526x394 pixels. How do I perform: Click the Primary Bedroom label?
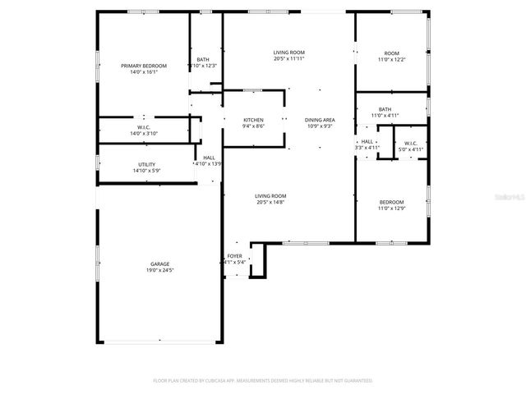(144, 66)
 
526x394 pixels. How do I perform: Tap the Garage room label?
(160, 263)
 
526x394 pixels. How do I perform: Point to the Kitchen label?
(253, 119)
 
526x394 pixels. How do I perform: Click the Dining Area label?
(319, 119)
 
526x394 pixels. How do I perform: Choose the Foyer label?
(235, 257)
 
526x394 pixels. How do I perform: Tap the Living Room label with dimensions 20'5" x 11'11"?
(288, 53)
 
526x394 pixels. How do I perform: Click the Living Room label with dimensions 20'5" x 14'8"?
(270, 195)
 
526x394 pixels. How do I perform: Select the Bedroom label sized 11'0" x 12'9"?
(391, 202)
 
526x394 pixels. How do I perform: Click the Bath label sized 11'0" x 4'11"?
(385, 109)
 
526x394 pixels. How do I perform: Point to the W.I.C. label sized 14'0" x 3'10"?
(144, 127)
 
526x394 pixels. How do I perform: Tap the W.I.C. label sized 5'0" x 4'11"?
(411, 143)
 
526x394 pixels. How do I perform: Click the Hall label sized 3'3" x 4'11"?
(367, 141)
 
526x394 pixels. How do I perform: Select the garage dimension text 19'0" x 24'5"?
(160, 270)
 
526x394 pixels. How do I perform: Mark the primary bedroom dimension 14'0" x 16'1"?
(144, 72)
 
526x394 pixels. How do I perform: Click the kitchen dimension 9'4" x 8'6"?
(253, 126)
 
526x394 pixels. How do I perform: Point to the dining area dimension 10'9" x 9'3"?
(319, 126)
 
